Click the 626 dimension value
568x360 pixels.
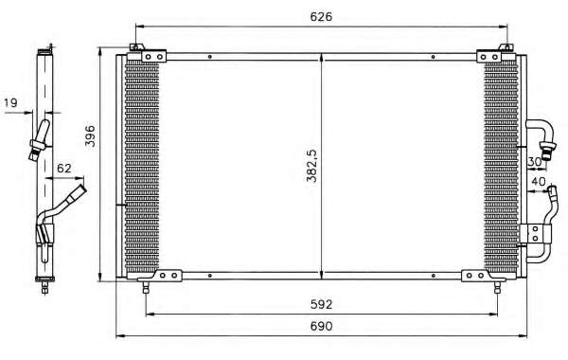321,17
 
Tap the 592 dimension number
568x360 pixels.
321,304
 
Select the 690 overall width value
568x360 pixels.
321,326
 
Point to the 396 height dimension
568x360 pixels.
90,136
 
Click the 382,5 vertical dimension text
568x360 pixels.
311,166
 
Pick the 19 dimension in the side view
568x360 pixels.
10,102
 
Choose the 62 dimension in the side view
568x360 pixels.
64,169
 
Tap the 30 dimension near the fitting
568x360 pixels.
534,162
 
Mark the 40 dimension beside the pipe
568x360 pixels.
539,181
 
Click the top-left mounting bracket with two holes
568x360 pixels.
153,57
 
